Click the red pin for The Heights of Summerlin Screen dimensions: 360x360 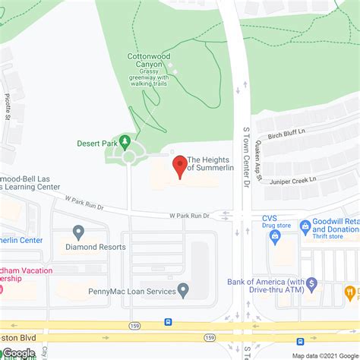(180, 166)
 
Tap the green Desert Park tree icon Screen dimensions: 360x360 (126, 141)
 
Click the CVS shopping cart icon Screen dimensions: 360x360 (274, 238)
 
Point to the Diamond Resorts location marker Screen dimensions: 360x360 (78, 231)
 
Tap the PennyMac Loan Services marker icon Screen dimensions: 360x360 (183, 289)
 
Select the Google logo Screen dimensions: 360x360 (18, 352)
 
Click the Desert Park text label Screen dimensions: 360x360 (96, 142)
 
